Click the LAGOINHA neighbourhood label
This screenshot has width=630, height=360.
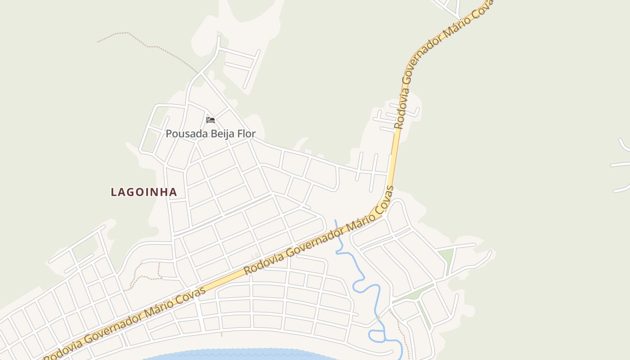click(144, 192)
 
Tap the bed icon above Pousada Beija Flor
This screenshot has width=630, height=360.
click(211, 120)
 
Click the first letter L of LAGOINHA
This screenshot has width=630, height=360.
click(114, 192)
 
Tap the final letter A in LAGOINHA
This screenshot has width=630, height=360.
click(173, 192)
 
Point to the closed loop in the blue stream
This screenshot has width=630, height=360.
click(376, 335)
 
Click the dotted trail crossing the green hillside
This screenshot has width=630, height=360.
click(148, 45)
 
